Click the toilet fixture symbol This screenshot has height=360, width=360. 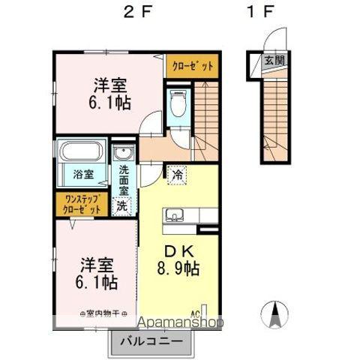click(x=178, y=103)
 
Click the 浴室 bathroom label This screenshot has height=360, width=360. click(x=83, y=175)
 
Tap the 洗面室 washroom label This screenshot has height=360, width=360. click(x=123, y=180)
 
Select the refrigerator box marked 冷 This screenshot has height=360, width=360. click(x=178, y=175)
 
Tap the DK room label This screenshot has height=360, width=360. click(x=177, y=252)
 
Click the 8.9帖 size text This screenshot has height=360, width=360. click(x=178, y=268)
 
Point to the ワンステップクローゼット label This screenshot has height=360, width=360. click(x=82, y=205)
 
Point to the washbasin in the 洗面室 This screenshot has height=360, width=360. click(x=123, y=155)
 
